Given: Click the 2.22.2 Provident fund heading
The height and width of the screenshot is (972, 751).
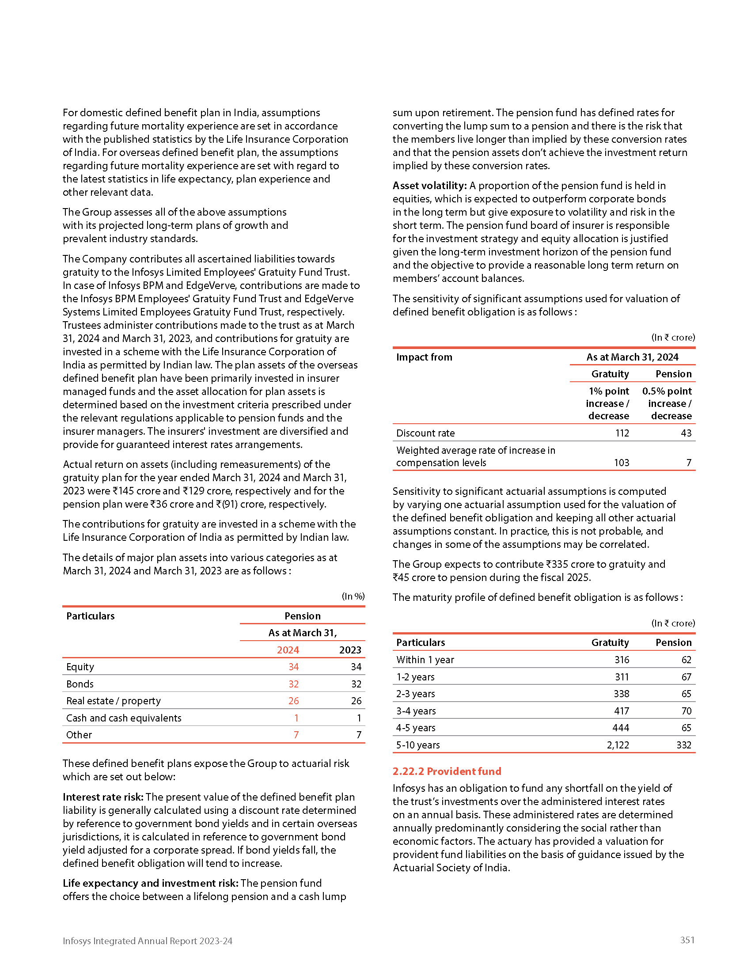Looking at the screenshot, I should coord(447,771).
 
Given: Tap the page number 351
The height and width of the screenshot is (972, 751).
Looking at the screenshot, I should coord(687,939).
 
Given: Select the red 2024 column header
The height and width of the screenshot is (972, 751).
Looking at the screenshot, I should coord(288,650).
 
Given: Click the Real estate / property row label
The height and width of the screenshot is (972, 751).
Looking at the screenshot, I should coord(113,701).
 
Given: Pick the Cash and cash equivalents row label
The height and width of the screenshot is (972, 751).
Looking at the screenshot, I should coord(124,718).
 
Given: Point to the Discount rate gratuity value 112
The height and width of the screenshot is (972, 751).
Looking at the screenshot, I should coord(622,433).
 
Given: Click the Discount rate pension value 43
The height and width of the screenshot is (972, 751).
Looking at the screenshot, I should coord(686,433).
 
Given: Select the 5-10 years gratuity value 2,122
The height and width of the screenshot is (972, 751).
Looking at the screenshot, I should coord(618,745).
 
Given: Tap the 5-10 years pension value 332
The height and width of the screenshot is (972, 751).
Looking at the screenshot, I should coord(684,745).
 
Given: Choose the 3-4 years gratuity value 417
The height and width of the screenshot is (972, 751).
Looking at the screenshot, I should coord(622,711).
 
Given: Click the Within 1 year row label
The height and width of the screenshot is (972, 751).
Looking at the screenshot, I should coord(425,660).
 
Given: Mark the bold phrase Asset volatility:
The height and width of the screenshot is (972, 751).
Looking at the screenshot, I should coord(429,186).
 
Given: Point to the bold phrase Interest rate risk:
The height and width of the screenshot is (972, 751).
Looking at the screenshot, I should coord(103,797).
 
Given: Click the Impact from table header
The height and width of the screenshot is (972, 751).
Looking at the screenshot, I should coord(424,357).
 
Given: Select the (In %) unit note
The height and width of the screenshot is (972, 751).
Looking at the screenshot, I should coord(353,596).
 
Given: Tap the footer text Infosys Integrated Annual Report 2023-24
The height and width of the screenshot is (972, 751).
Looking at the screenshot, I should coord(147,941).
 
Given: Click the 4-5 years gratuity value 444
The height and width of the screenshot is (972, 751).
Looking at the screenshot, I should coord(621,728).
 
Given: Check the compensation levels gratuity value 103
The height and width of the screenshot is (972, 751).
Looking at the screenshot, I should coord(622,463).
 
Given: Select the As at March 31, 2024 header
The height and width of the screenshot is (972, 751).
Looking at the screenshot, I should coord(632,357).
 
